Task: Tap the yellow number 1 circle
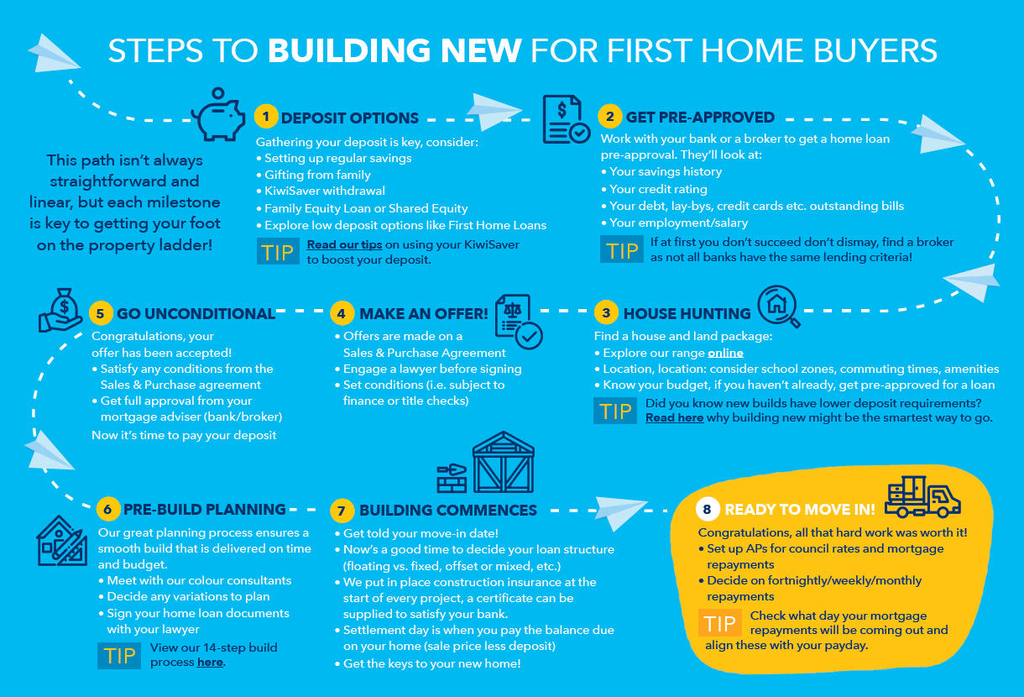(x=266, y=116)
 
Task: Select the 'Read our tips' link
(x=344, y=244)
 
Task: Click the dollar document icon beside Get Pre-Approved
(x=566, y=119)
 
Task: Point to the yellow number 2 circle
(x=610, y=116)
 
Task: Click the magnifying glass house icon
(x=779, y=307)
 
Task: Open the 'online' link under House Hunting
(x=725, y=353)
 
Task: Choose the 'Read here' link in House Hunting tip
(x=674, y=417)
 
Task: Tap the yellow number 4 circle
(x=342, y=313)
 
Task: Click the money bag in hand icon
(x=60, y=310)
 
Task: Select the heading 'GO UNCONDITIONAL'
(x=196, y=314)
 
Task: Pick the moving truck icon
(x=922, y=496)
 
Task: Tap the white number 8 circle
(x=708, y=509)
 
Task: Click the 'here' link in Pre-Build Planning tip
(x=211, y=663)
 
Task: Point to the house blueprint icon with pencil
(x=62, y=541)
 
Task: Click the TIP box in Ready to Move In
(x=719, y=622)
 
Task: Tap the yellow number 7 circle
(x=342, y=510)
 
